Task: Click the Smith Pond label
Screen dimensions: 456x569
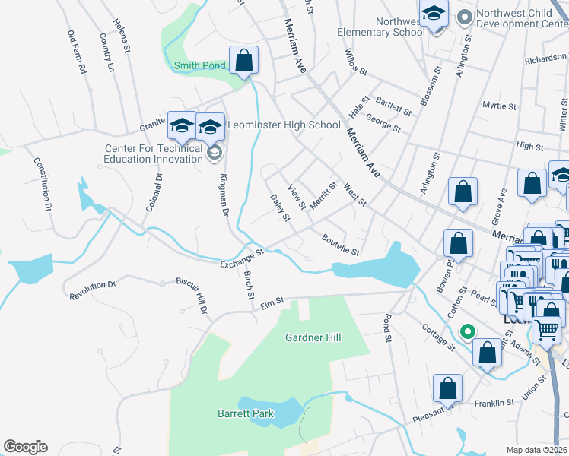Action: (199, 65)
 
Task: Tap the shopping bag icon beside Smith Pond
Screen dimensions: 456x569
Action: (243, 61)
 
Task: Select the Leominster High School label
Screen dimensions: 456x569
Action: (284, 125)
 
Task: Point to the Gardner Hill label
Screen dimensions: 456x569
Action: (313, 337)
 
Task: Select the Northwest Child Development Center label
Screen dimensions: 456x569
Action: (519, 18)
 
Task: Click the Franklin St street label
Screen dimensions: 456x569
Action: (494, 404)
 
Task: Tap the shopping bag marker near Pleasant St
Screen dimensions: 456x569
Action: (449, 388)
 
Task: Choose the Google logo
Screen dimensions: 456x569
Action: (25, 447)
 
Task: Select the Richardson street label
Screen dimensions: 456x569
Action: (545, 59)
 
